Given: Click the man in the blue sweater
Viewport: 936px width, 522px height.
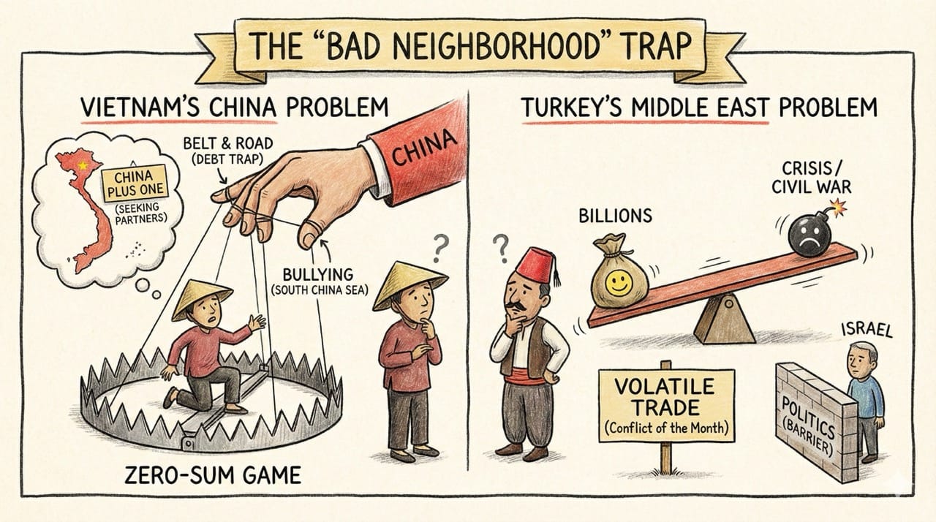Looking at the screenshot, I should point(864,391).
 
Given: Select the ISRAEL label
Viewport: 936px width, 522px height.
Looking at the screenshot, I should point(867,330).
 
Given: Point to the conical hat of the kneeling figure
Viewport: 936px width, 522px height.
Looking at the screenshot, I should point(200,299).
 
